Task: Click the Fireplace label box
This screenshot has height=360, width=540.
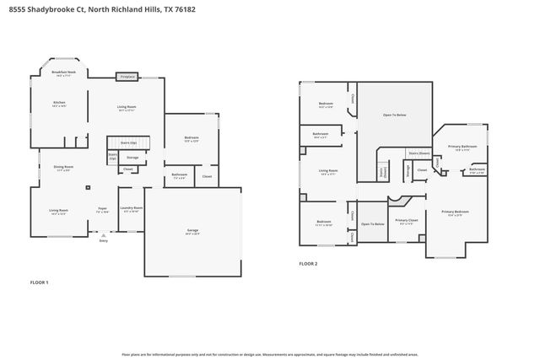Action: tap(127, 76)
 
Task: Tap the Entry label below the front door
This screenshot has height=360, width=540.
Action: tap(104, 241)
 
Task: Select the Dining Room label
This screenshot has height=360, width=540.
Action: tap(64, 168)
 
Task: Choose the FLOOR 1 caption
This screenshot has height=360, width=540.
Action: tap(40, 282)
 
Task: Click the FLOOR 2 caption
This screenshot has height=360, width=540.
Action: tap(309, 264)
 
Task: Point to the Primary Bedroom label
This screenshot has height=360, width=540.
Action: tap(457, 212)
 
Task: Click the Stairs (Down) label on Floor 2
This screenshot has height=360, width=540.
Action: tap(419, 153)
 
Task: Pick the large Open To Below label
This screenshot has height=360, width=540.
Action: tap(395, 115)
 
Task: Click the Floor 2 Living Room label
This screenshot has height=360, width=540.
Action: tap(328, 172)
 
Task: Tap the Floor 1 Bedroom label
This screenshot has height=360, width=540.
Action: tap(192, 139)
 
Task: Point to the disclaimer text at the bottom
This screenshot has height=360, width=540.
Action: tap(270, 355)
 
